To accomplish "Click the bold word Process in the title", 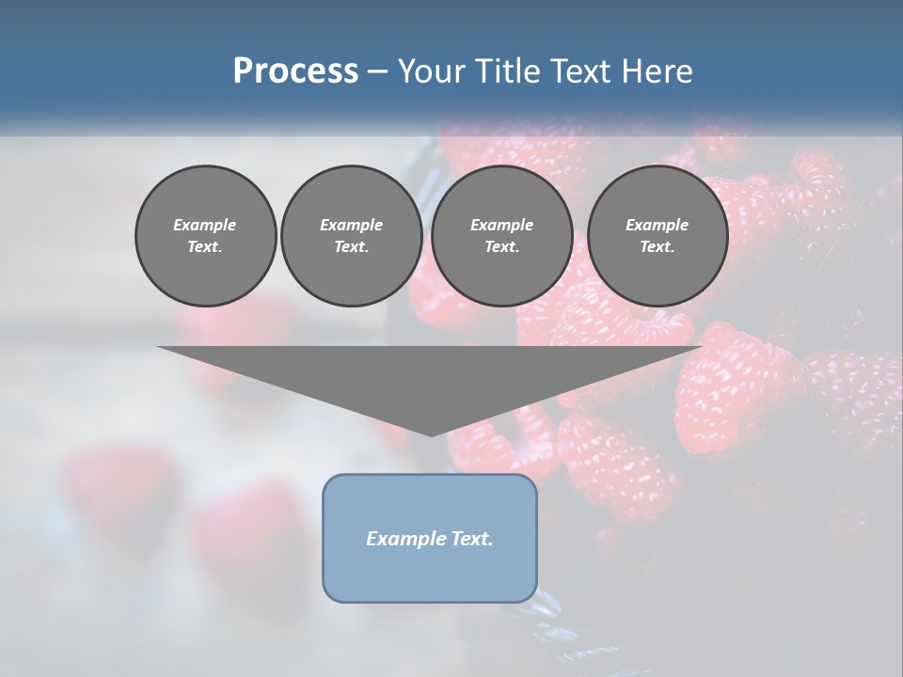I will [x=295, y=71].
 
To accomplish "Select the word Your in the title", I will [x=430, y=71].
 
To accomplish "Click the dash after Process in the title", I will [x=377, y=72].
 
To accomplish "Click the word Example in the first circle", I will [x=205, y=225].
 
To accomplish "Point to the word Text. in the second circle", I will [x=352, y=247].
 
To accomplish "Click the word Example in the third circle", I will [x=501, y=225].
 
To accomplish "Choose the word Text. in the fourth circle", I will [x=657, y=247].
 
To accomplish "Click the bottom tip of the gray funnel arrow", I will [x=431, y=433].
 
